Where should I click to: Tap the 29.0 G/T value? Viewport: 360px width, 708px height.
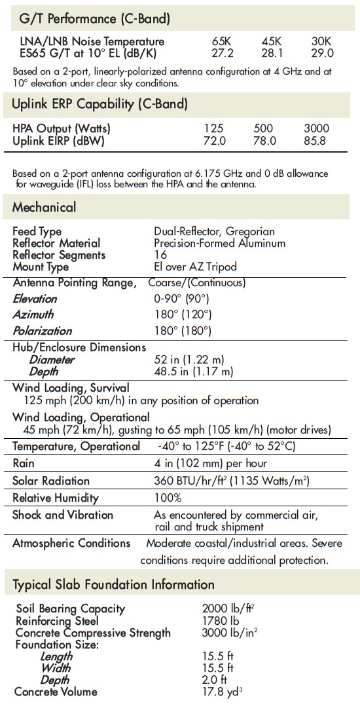point(322,53)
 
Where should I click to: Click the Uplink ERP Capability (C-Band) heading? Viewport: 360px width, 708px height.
point(100,103)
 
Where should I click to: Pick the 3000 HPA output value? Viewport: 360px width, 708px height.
point(316,128)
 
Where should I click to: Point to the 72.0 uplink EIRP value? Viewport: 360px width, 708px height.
point(215,140)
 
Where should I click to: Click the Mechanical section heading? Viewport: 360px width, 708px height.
point(45,208)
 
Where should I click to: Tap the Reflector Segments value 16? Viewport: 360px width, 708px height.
point(160,255)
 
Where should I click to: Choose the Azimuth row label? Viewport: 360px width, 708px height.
point(33,315)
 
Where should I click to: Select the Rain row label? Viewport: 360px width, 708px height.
point(24,464)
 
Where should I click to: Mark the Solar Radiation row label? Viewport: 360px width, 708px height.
point(51,481)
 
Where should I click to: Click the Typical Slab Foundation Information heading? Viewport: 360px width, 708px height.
point(113,584)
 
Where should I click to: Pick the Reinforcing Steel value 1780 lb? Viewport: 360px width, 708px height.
point(221,620)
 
